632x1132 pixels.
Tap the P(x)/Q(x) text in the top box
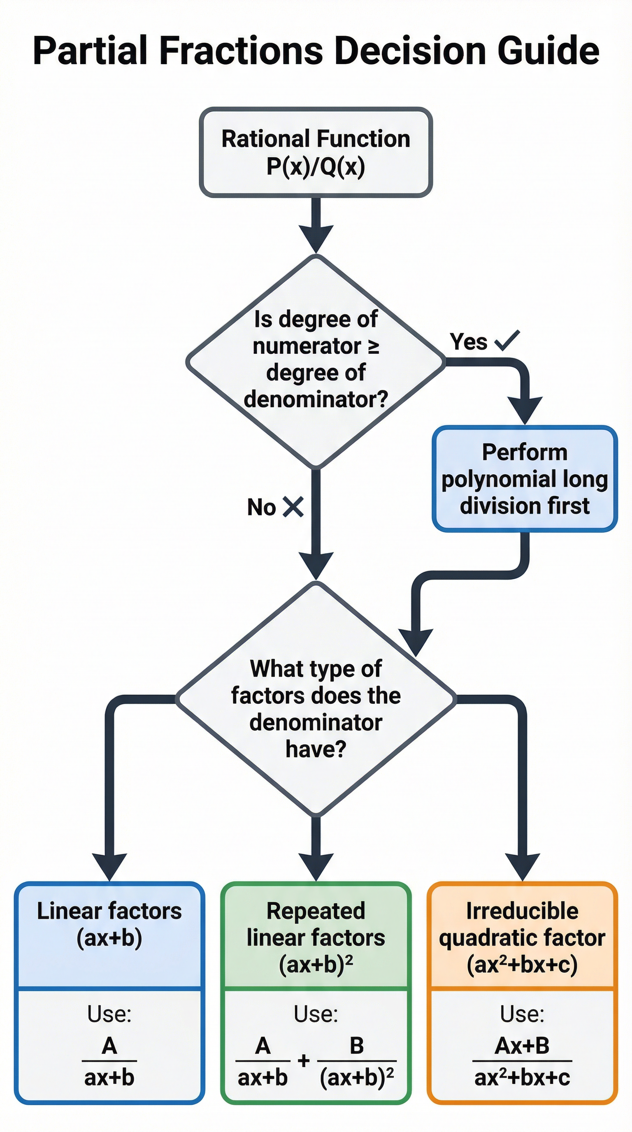point(316,167)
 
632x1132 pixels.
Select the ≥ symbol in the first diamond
point(373,346)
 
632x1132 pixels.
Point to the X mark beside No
point(293,507)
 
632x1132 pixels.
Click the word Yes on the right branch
point(468,341)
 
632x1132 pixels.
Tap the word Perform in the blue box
point(524,452)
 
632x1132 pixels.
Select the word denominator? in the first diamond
point(316,399)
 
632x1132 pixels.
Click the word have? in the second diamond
point(316,749)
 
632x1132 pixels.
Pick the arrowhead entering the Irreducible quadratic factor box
point(522,866)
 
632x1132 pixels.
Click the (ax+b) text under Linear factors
point(109,938)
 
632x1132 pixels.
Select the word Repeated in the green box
point(316,911)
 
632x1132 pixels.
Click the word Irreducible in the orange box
point(522,911)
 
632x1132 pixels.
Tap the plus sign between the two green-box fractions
point(303,1061)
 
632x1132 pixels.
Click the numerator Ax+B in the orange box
point(522,1046)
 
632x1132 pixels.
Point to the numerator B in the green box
point(356,1046)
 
